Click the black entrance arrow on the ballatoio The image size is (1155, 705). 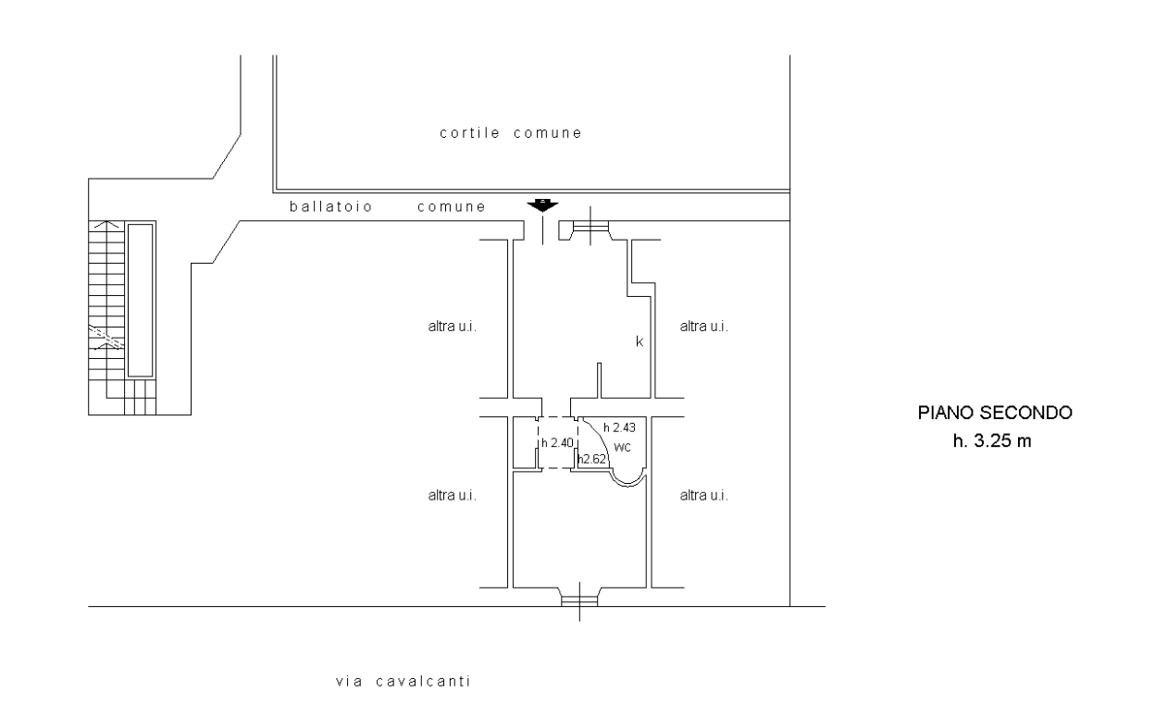[542, 205]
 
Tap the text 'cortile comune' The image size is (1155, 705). [511, 133]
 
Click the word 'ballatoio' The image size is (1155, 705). [330, 206]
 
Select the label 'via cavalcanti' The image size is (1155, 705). [404, 681]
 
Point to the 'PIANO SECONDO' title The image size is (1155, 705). [995, 413]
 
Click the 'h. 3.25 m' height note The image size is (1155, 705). [991, 440]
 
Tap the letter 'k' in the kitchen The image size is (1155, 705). [640, 341]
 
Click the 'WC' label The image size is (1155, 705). [622, 447]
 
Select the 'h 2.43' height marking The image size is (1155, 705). [619, 427]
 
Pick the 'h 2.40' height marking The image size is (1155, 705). [557, 442]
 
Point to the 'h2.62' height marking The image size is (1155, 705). [592, 459]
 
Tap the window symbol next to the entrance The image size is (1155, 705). [590, 227]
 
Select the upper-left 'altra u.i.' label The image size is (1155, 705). [453, 327]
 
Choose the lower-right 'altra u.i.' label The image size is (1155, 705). [703, 495]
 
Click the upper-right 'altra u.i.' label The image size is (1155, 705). [703, 327]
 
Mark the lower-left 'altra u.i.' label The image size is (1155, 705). [453, 495]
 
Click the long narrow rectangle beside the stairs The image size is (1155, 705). [141, 300]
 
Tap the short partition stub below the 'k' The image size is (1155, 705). [599, 380]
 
